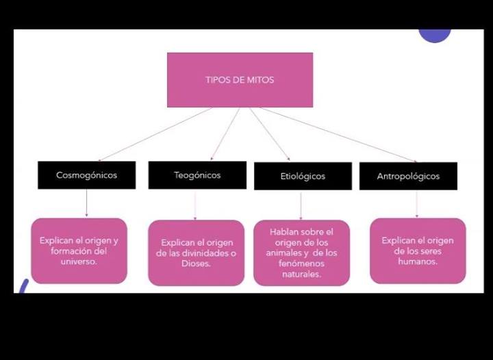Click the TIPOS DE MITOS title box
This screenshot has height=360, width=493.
coord(240,80)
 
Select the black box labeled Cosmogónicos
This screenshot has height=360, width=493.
coord(87,175)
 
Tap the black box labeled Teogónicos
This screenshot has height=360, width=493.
coord(197,175)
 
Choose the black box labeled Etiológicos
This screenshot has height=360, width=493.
coord(303,176)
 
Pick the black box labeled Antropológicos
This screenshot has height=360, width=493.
coord(408,176)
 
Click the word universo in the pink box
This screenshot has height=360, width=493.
coord(79,261)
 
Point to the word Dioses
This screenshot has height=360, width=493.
coord(196,263)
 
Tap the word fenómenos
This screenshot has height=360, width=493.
coord(301,263)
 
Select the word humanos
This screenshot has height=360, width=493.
coord(418,261)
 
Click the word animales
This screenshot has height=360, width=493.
coord(284,253)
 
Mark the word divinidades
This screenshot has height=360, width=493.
coord(205,253)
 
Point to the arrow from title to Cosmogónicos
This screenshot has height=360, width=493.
coord(155,134)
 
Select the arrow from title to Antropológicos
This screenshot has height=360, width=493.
coord(338,135)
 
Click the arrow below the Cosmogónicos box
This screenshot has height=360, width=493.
coord(87,203)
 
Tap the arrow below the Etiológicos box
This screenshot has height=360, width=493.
coord(301,205)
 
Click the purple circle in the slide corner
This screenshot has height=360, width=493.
coord(435,35)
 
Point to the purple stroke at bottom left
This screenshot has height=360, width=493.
coord(24,286)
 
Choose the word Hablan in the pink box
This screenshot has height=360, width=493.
coord(284,232)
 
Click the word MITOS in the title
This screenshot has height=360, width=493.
coord(260,80)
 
